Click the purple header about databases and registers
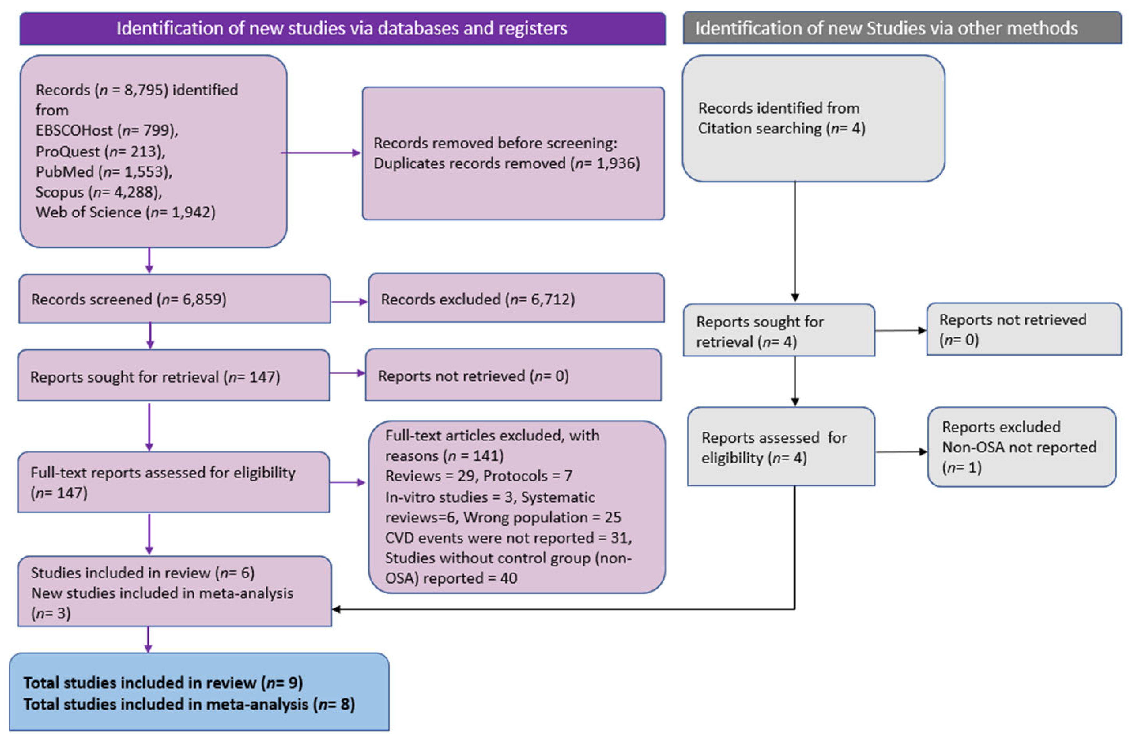[342, 29]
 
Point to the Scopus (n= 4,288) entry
[99, 192]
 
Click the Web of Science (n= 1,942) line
[125, 212]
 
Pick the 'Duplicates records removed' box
[513, 153]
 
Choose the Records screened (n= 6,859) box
[174, 299]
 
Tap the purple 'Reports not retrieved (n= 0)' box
[513, 375]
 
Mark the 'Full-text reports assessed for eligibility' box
[174, 482]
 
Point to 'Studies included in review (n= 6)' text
[142, 573]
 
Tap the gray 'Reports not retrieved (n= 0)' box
[1024, 329]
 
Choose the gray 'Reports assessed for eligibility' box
[781, 447]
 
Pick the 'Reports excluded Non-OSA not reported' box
[1021, 447]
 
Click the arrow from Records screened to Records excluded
[349, 302]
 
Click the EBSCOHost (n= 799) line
[107, 131]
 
